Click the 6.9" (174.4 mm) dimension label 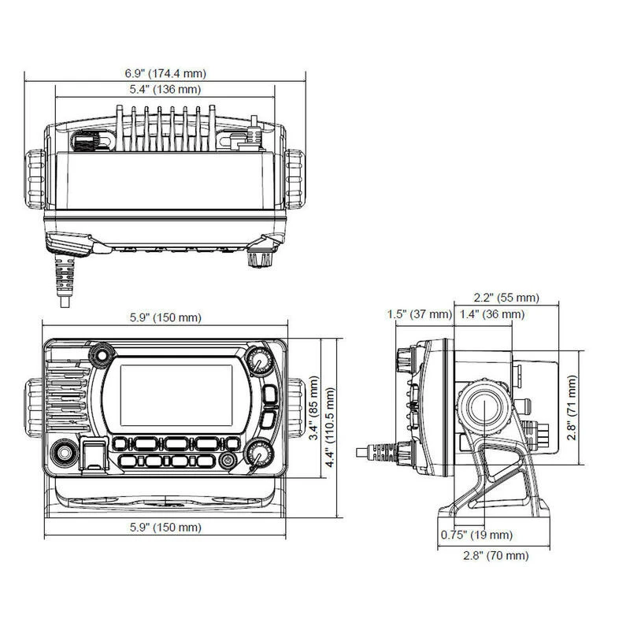(x=165, y=73)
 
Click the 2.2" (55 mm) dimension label (x=506, y=298)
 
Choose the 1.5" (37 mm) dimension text (x=420, y=314)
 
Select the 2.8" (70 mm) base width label (x=494, y=556)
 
